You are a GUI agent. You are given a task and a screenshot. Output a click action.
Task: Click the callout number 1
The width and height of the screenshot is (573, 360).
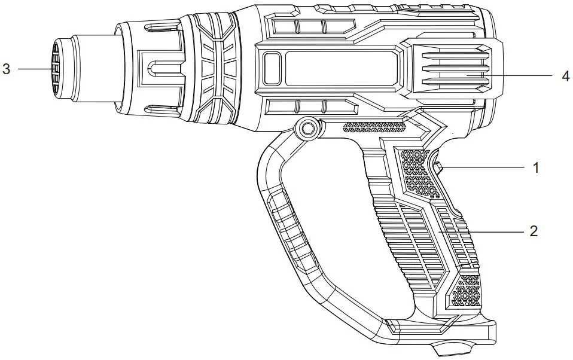click(536, 168)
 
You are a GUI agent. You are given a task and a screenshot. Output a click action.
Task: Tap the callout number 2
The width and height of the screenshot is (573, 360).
click(534, 231)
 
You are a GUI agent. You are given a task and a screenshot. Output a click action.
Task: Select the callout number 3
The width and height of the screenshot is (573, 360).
click(7, 69)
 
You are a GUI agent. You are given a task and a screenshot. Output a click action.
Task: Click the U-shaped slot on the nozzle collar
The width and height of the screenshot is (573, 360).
click(154, 68)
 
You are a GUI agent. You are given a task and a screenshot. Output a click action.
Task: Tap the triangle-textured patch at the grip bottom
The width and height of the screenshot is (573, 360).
click(467, 291)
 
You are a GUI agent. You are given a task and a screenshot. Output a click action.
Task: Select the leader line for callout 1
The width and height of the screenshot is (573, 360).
click(484, 168)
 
